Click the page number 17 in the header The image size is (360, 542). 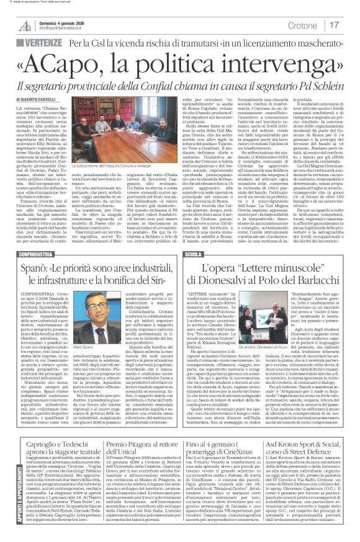(x=334, y=25)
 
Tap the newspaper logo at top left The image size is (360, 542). (x=25, y=25)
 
